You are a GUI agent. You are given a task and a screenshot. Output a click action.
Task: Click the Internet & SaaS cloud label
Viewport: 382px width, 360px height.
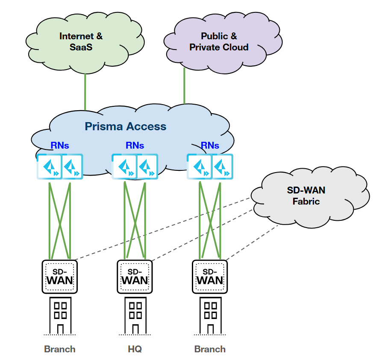pyautogui.click(x=81, y=41)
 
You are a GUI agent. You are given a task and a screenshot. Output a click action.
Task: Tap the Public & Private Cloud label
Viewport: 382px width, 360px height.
pyautogui.click(x=219, y=41)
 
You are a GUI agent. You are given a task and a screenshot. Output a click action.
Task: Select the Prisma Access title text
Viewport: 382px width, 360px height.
pyautogui.click(x=125, y=126)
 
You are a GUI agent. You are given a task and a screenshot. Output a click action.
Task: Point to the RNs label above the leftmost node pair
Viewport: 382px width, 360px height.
pyautogui.click(x=60, y=146)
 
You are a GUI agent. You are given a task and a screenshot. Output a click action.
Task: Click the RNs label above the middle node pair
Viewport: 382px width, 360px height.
pyautogui.click(x=135, y=146)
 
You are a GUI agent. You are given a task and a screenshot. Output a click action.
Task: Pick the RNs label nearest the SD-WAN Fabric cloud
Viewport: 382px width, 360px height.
pyautogui.click(x=210, y=146)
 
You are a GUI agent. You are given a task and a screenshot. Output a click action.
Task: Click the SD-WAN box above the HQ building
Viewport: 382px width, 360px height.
pyautogui.click(x=135, y=277)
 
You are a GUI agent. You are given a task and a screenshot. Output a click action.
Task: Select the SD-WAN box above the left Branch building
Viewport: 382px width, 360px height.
pyautogui.click(x=60, y=277)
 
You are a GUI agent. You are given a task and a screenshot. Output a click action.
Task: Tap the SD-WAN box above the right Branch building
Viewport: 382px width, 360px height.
pyautogui.click(x=210, y=277)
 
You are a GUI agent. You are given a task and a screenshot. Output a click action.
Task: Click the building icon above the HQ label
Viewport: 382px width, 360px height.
pyautogui.click(x=135, y=315)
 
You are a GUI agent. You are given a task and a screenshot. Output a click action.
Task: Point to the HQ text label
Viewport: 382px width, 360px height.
pyautogui.click(x=135, y=349)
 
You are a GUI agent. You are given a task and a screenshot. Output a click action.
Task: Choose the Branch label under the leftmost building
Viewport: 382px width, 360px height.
pyautogui.click(x=60, y=349)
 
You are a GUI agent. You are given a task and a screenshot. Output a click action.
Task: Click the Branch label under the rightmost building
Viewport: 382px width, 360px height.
pyautogui.click(x=210, y=349)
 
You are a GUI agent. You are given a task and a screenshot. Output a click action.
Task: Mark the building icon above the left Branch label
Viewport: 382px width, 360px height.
pyautogui.click(x=60, y=315)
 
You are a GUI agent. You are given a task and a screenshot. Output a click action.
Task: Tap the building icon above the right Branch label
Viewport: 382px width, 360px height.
pyautogui.click(x=210, y=315)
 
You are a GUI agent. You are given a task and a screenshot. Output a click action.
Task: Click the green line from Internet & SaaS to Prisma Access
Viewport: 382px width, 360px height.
pyautogui.click(x=85, y=92)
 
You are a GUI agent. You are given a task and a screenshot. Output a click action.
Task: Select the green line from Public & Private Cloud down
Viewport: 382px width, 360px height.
pyautogui.click(x=184, y=85)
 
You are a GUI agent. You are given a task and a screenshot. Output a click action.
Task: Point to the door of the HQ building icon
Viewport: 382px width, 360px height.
pyautogui.click(x=135, y=329)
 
